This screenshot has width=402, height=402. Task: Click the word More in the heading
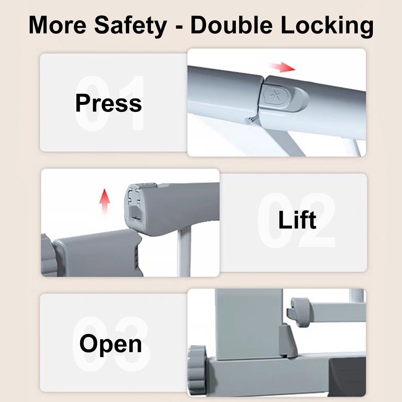[57, 25]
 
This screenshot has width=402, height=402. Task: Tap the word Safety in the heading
[130, 27]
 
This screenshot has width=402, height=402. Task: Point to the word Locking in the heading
[327, 27]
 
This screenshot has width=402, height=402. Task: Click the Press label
[109, 103]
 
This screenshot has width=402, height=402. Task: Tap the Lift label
[297, 220]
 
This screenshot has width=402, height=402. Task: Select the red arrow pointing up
[105, 201]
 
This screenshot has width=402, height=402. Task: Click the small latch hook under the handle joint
[252, 119]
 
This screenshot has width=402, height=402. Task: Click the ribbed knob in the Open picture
[197, 370]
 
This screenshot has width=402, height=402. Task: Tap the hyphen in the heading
[179, 27]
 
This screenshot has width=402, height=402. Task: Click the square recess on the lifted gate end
[135, 213]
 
